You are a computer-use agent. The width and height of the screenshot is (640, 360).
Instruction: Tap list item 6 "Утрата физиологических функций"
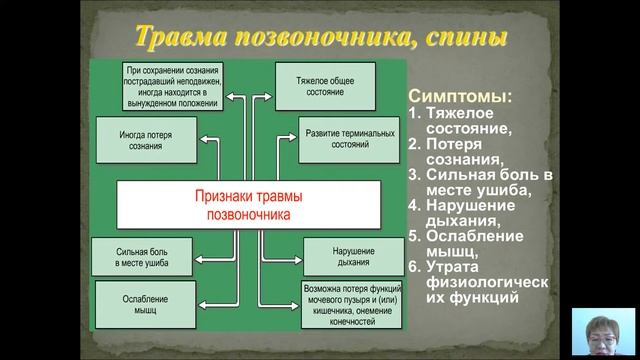click(x=477, y=281)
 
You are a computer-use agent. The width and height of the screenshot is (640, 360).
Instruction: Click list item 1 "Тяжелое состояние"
click(x=467, y=121)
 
